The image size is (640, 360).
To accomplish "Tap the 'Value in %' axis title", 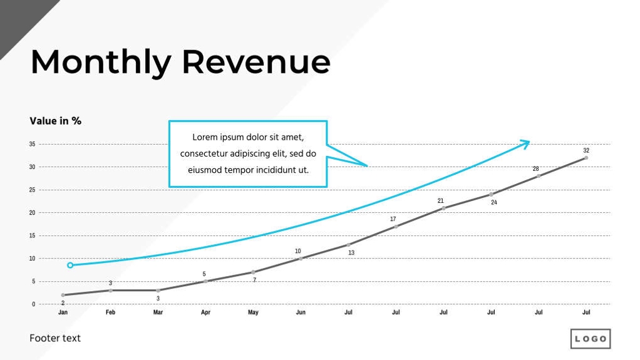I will coord(55,121).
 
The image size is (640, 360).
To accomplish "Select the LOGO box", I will coord(590,339).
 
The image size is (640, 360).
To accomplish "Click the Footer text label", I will coord(55,338).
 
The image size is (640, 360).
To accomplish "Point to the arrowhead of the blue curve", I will coord(527,143).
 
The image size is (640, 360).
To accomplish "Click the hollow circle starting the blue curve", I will coord(70,265).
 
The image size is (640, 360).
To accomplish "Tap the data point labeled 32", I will coord(586,158).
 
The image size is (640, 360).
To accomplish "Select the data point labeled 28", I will coord(539,176).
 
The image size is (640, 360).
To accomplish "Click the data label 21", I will coord(440,200).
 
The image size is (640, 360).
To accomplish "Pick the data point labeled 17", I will coord(396,226).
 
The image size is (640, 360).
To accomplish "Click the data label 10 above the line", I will coord(298,251).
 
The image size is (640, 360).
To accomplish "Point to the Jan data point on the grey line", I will coord(63,295).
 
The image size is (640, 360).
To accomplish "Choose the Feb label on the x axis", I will coord(110,312).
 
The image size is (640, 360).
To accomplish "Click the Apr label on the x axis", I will coord(205,312).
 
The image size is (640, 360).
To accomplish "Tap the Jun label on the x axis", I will coord(301,312).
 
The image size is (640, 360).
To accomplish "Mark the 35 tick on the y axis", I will coord(32,144).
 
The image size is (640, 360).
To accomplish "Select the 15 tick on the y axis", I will coord(32,235).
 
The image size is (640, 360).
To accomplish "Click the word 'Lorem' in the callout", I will coord(204,137).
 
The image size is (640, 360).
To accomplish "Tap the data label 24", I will coord(493,202).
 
